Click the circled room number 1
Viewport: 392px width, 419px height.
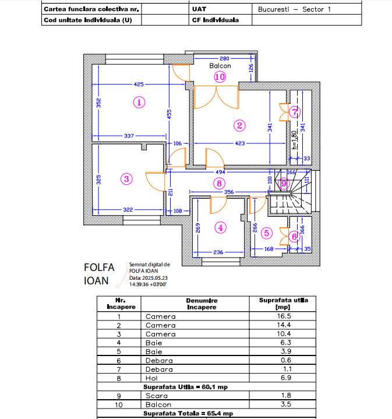pos(139,102)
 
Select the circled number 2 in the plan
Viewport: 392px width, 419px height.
pos(238,125)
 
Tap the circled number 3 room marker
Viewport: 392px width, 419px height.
pos(127,179)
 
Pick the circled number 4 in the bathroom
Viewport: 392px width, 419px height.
pos(220,228)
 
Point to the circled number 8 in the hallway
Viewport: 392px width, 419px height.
pos(219,184)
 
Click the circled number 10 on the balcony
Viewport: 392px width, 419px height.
pos(220,76)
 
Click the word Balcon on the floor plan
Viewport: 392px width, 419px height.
pos(220,66)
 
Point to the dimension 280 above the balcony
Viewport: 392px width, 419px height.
pos(224,59)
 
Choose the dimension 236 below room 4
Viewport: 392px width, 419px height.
pos(217,252)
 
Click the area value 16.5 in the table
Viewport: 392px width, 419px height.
pos(282,316)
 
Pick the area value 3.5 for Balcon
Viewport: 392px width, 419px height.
pos(282,404)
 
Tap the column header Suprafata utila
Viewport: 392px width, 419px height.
pos(282,304)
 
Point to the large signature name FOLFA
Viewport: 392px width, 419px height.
pos(100,267)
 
